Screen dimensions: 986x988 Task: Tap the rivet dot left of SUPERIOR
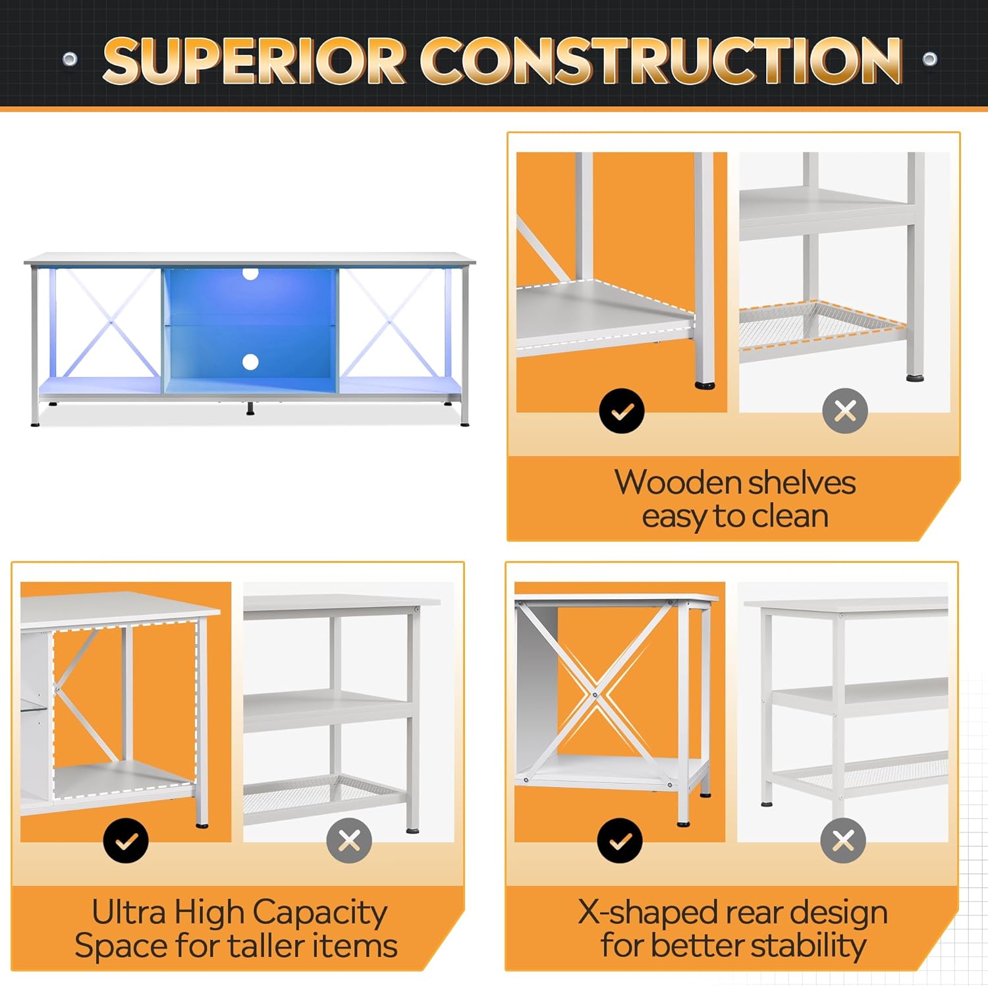pos(70,59)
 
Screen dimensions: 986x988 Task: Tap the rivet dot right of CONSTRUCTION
pos(929,59)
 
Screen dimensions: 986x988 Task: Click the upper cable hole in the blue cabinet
pos(250,272)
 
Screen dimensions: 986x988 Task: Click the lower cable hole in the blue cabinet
pos(250,361)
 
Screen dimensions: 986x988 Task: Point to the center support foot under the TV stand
pos(250,409)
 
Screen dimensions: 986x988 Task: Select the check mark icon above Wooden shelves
pos(621,411)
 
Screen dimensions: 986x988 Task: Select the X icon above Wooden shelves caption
pos(844,411)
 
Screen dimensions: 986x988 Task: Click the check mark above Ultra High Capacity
pos(126,840)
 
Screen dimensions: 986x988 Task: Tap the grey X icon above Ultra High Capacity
pos(349,840)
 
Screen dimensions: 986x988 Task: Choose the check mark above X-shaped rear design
pos(620,840)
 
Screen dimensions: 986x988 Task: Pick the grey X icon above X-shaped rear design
pos(843,840)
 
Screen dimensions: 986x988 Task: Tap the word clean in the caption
pos(790,516)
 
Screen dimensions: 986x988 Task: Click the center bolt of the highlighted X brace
pos(595,694)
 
